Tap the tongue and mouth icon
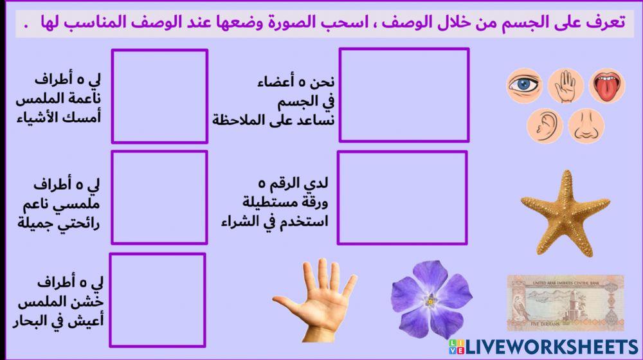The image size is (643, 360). coord(607,86)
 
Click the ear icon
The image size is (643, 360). coord(545,125)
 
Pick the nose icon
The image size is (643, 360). coord(586,125)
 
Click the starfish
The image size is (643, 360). coord(557,213)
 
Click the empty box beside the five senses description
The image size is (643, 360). coord(404,94)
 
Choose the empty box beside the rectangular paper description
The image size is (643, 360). coord(402,198)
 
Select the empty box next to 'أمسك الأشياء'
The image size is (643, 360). coord(159,96)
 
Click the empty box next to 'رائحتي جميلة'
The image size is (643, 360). coord(159,198)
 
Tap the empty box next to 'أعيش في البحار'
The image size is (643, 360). coord(158,299)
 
